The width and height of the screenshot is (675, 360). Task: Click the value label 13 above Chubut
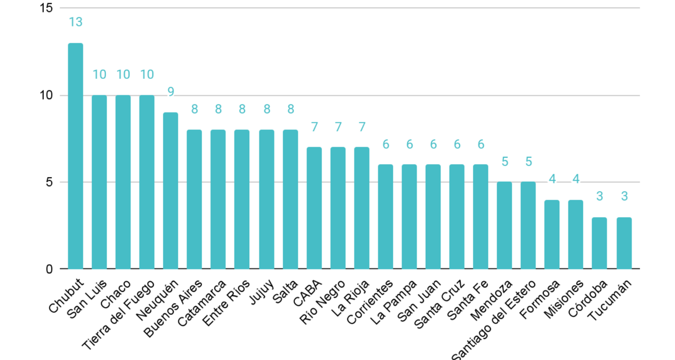pyautogui.click(x=75, y=22)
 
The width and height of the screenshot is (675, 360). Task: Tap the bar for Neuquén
pyautogui.click(x=170, y=191)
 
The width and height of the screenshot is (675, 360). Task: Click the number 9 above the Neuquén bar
pyautogui.click(x=170, y=92)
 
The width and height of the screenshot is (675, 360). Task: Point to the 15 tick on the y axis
pyautogui.click(x=47, y=8)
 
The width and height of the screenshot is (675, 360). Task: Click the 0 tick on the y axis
pyautogui.click(x=49, y=269)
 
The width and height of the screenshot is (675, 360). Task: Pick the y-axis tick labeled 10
pyautogui.click(x=47, y=96)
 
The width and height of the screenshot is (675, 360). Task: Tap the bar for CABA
pyautogui.click(x=314, y=208)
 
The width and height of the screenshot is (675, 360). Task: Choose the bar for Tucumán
pyautogui.click(x=624, y=243)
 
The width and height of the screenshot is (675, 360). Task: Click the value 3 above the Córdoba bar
pyautogui.click(x=600, y=196)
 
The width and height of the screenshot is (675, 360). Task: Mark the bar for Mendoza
pyautogui.click(x=505, y=225)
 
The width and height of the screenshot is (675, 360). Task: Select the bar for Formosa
pyautogui.click(x=552, y=235)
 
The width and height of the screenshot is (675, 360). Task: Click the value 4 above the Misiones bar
pyautogui.click(x=576, y=179)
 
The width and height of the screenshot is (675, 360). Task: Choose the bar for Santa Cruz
pyautogui.click(x=457, y=217)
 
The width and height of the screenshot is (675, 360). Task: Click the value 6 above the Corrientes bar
pyautogui.click(x=386, y=145)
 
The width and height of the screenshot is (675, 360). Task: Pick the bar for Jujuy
pyautogui.click(x=266, y=199)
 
